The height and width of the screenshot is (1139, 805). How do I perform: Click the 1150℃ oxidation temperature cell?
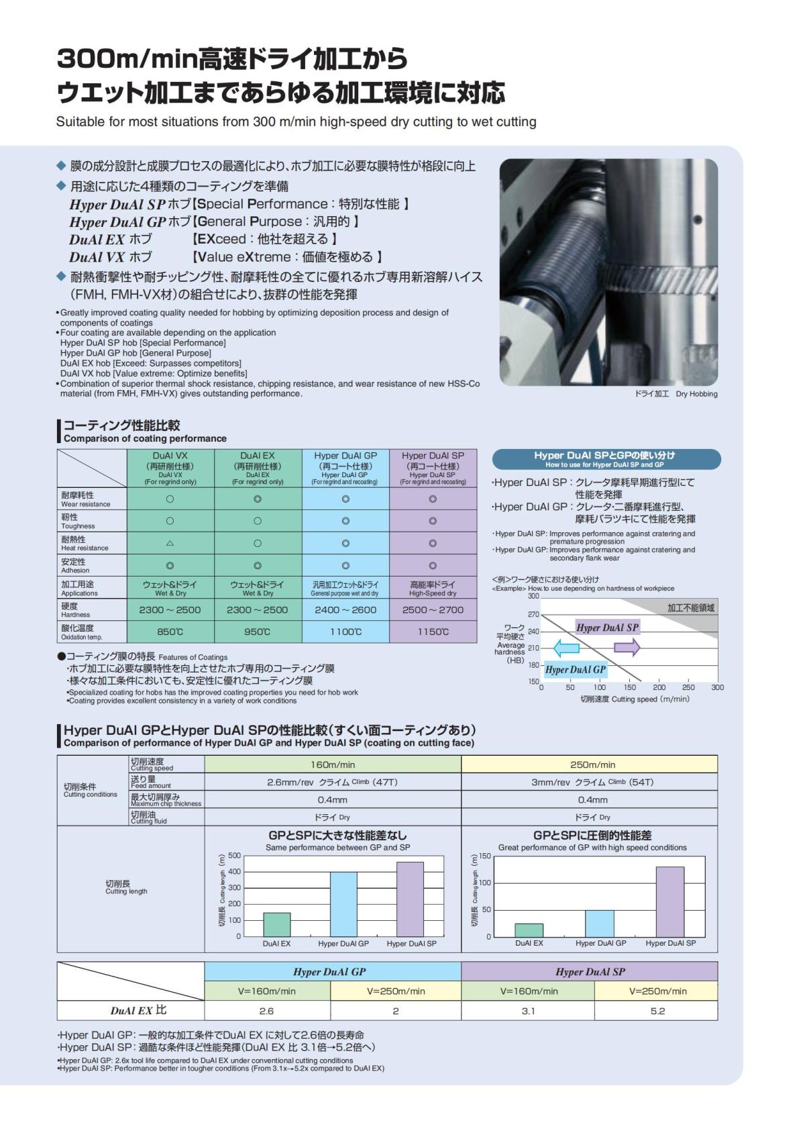point(433,632)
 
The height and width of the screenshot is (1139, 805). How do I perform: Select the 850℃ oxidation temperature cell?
point(170,632)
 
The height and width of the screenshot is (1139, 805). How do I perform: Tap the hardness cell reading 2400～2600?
point(345,610)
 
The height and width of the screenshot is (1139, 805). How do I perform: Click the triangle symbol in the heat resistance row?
point(170,544)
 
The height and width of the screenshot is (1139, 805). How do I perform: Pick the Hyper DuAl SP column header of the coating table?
point(433,468)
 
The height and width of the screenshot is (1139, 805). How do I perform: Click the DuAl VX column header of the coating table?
point(170,468)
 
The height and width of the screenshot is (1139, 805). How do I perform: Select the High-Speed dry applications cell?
point(433,588)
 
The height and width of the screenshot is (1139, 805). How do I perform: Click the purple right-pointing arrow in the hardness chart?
point(627,648)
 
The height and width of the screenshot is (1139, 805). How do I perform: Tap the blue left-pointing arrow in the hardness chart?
point(566,648)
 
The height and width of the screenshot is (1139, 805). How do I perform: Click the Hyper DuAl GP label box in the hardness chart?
point(575,669)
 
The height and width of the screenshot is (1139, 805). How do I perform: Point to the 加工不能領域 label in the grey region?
point(690,608)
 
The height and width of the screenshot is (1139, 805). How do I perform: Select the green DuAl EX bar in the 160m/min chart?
point(276,924)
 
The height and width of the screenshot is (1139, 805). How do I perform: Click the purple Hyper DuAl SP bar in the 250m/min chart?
point(669,901)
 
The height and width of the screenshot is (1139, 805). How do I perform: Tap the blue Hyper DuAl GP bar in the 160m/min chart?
point(343,904)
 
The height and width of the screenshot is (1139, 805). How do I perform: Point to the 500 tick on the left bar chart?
point(234,856)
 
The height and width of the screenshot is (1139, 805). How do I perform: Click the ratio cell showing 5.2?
point(657,1011)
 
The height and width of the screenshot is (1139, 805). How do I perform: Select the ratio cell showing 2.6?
point(266,1011)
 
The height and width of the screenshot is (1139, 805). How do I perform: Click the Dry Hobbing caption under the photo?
point(676,394)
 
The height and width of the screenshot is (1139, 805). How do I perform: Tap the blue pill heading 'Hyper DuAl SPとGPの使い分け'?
point(606,459)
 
